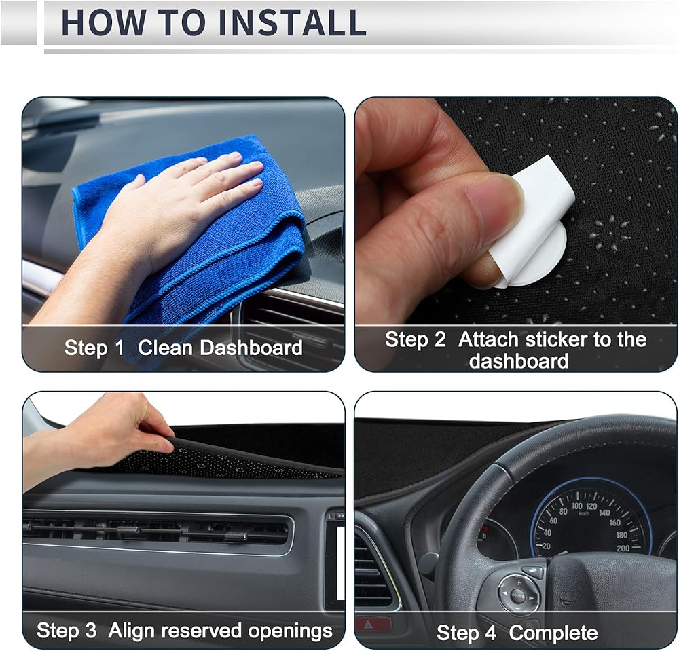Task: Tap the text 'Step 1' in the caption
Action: pyautogui.click(x=94, y=348)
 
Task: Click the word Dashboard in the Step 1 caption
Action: pyautogui.click(x=251, y=348)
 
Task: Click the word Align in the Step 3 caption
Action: pyautogui.click(x=131, y=631)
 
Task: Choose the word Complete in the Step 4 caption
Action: pyautogui.click(x=553, y=633)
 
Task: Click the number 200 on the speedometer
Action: pyautogui.click(x=623, y=548)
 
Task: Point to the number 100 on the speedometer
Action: pyautogui.click(x=576, y=506)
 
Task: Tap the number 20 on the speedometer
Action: pyautogui.click(x=546, y=546)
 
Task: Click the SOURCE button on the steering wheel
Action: pyautogui.click(x=518, y=595)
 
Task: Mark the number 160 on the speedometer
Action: pyautogui.click(x=614, y=523)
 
